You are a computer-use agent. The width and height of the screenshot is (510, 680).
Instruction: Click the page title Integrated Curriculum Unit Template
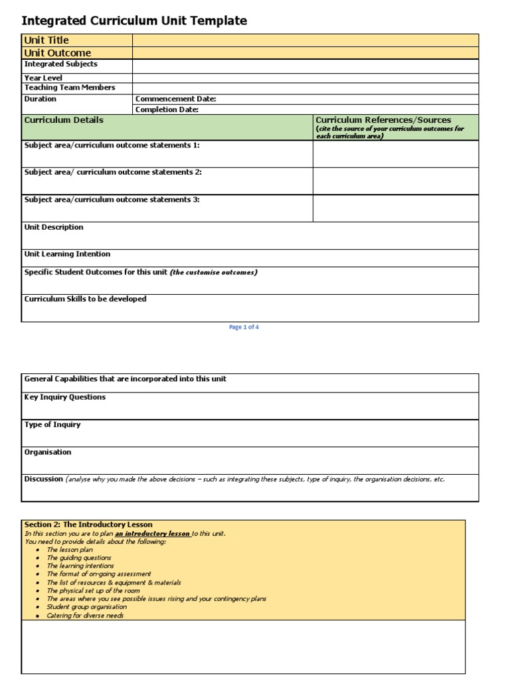pyautogui.click(x=134, y=21)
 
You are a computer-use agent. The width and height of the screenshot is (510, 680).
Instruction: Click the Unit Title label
pyautogui.click(x=46, y=41)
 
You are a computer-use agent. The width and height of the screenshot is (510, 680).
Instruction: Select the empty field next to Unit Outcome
pyautogui.click(x=305, y=52)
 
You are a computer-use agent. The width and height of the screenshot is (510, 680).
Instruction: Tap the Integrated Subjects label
pyautogui.click(x=60, y=64)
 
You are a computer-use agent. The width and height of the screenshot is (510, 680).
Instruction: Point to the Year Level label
pyautogui.click(x=43, y=78)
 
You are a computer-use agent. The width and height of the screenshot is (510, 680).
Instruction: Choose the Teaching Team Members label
pyautogui.click(x=70, y=88)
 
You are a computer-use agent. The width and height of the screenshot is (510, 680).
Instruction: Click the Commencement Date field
pyautogui.click(x=305, y=99)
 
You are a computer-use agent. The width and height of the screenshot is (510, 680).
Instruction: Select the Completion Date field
pyautogui.click(x=305, y=110)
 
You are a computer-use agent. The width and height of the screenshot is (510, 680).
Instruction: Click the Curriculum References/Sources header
pyautogui.click(x=382, y=120)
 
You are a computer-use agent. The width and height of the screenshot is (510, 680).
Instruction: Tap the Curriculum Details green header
pyautogui.click(x=64, y=120)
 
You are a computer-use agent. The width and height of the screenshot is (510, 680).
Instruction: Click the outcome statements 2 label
pyautogui.click(x=113, y=172)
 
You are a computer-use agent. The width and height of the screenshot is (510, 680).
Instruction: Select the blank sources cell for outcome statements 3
pyautogui.click(x=395, y=208)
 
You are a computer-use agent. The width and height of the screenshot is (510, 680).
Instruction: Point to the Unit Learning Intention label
pyautogui.click(x=67, y=254)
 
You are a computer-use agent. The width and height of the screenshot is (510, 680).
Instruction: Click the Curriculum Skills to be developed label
pyautogui.click(x=85, y=299)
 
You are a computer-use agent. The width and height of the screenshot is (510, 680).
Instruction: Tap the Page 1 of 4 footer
pyautogui.click(x=244, y=327)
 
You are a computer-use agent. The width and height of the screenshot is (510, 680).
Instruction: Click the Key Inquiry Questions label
pyautogui.click(x=64, y=397)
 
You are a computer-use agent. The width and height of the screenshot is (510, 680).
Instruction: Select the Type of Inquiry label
pyautogui.click(x=52, y=424)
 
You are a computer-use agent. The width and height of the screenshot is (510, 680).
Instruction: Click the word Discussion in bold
pyautogui.click(x=43, y=479)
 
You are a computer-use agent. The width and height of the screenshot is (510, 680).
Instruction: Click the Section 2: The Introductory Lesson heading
pyautogui.click(x=88, y=525)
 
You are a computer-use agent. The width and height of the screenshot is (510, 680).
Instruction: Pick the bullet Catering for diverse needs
pyautogui.click(x=85, y=616)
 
